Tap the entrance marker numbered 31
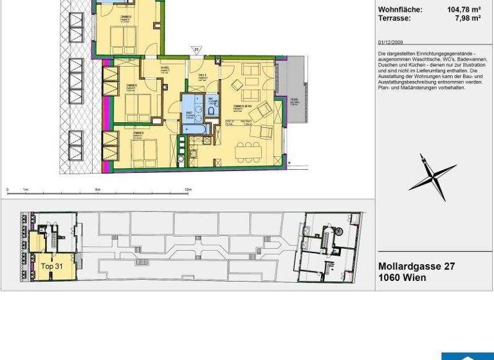point(196,49)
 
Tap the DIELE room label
point(202,75)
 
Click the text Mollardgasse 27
point(417,266)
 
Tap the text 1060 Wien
point(402,278)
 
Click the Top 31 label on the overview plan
point(51,265)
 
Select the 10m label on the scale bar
point(188,190)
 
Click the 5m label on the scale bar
point(98,190)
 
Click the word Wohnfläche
point(400,10)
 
